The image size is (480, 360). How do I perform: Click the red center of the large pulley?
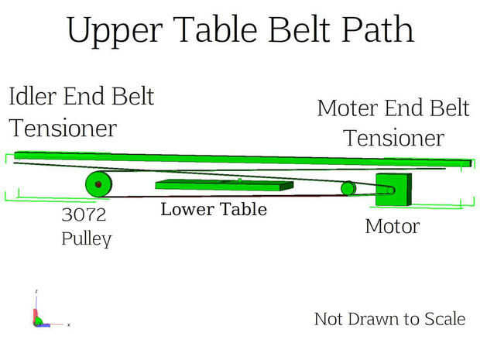point(98,184)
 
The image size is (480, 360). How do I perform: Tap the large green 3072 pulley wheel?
point(98,184)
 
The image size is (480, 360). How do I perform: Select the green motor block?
point(393,190)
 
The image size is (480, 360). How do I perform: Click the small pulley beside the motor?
point(348,188)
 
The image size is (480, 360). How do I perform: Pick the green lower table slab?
point(225,185)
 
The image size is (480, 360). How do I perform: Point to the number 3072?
point(84,214)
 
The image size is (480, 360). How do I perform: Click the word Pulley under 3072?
point(87,238)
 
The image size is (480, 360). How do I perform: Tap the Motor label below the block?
point(393,227)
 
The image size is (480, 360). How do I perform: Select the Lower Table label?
point(214,209)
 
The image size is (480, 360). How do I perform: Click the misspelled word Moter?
point(348,108)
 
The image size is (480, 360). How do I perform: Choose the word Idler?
point(33,96)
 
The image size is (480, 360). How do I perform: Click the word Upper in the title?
point(115,30)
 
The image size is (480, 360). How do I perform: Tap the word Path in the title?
point(378,29)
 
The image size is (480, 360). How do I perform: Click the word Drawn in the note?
point(374,319)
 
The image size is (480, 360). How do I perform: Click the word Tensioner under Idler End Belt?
point(63,128)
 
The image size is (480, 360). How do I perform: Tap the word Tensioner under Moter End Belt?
point(393,138)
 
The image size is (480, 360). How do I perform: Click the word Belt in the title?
point(299,29)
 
